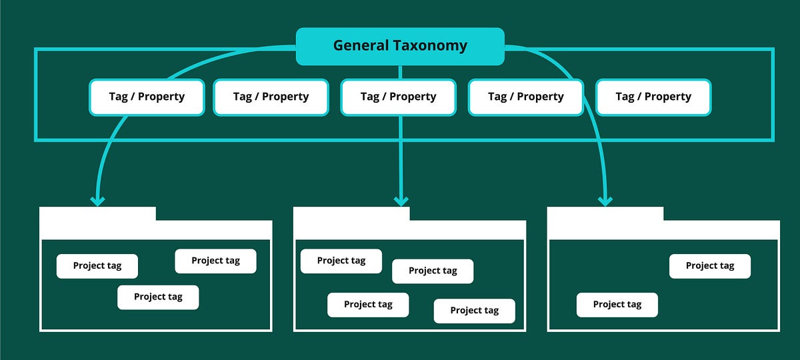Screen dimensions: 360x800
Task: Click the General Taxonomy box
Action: tap(400, 46)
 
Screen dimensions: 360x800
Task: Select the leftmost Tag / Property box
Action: tap(147, 97)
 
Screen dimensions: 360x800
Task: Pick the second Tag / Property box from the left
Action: tap(271, 97)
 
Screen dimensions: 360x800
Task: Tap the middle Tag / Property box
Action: tap(398, 97)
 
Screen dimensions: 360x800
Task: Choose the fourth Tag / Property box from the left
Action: tap(526, 97)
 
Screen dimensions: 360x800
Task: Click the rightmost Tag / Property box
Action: tap(653, 97)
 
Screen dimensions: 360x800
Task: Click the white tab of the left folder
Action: tap(98, 214)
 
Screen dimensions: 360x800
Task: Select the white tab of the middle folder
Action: tap(351, 214)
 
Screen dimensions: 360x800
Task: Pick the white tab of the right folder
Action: tap(605, 214)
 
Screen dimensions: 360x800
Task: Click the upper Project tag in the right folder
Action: tap(710, 266)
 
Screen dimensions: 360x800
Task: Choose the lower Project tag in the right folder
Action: tap(617, 305)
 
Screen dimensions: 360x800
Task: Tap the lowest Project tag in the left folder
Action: tap(158, 297)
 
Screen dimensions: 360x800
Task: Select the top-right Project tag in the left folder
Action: tap(215, 261)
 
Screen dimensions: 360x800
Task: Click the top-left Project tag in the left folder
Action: tap(97, 266)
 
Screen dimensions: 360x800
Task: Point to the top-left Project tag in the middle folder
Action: tap(341, 261)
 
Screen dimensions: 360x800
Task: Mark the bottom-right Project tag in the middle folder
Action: tap(474, 311)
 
